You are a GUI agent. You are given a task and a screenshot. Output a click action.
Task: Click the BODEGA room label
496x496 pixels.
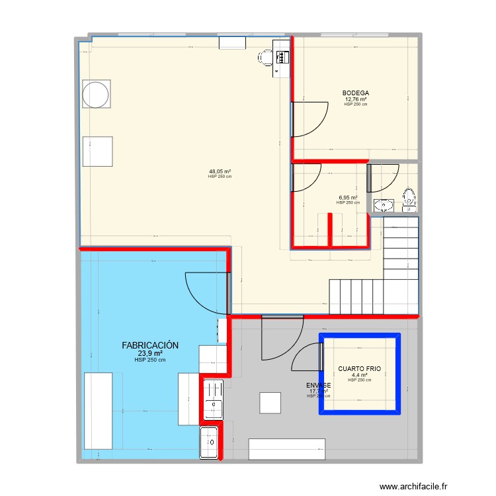point(355,93)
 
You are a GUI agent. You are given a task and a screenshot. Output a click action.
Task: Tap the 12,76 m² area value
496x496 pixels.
point(355,99)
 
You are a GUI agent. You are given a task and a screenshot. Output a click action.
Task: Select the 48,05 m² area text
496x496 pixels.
point(220,171)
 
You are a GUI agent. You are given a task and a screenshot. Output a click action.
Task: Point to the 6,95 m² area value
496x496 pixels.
point(348,197)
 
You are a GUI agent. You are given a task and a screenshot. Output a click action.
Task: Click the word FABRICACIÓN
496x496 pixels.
point(150,345)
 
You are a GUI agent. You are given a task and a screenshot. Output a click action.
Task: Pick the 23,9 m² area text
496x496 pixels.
point(149,353)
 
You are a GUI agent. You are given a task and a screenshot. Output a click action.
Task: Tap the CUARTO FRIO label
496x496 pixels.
point(360,369)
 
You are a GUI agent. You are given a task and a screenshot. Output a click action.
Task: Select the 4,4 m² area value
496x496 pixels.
point(360,375)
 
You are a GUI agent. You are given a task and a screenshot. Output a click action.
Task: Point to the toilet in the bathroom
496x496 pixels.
point(409,196)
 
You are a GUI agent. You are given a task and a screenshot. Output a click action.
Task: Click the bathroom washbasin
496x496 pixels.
point(383,204)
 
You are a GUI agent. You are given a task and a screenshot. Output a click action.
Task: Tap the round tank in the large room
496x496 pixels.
point(96,93)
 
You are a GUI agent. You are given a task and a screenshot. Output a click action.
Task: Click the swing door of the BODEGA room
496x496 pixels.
point(310,119)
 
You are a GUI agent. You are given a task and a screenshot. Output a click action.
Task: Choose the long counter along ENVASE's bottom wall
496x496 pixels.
point(287,448)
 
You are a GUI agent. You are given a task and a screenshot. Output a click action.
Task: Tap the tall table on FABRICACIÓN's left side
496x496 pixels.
point(98,411)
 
